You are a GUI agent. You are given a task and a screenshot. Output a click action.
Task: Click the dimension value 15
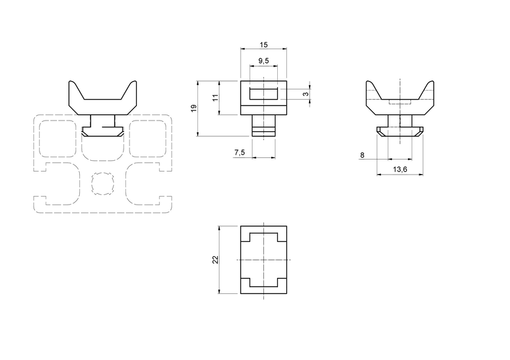point(263,45)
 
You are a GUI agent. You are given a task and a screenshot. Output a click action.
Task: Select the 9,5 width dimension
point(263,61)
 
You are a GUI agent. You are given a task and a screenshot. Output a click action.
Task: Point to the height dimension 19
point(193,108)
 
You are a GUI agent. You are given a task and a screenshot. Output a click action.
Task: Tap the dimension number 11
point(215,97)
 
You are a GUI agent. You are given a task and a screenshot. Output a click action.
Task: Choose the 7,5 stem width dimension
point(239,153)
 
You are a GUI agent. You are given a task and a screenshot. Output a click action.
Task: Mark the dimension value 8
point(362,155)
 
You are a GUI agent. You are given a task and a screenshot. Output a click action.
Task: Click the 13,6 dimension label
point(400,170)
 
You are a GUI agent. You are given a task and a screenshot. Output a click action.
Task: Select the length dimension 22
point(215,260)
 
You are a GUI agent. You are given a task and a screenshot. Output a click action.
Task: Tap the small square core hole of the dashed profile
point(103,183)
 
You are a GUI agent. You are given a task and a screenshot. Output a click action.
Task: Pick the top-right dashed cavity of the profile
point(149,140)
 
